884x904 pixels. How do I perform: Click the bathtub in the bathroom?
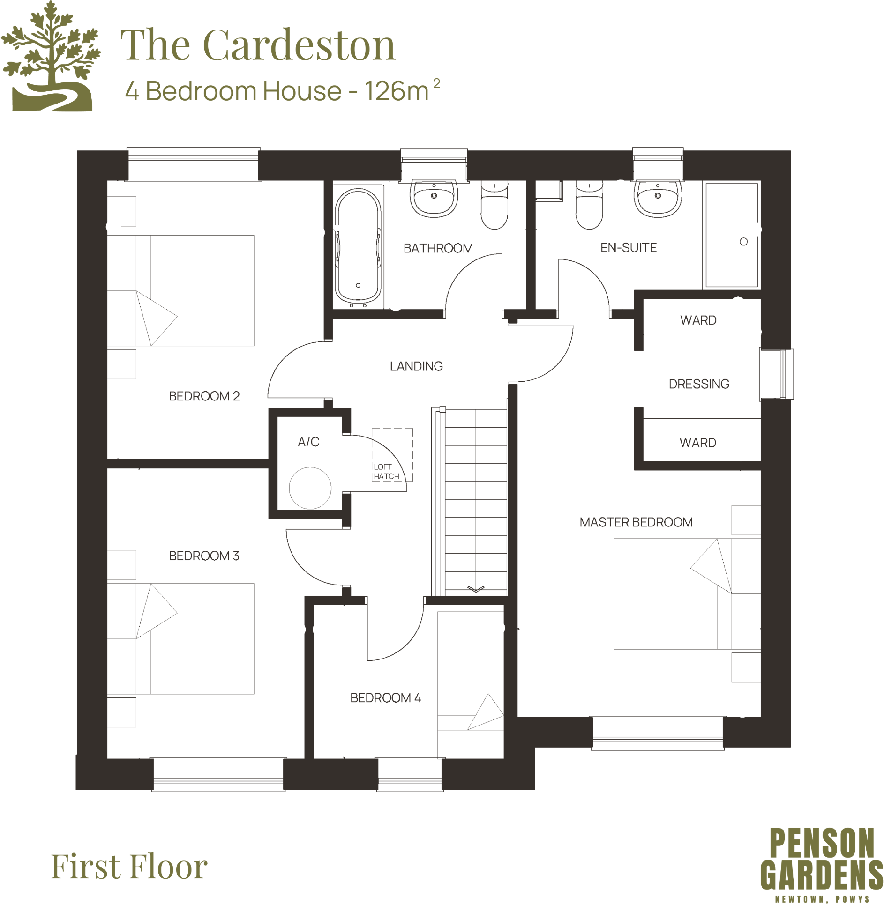click(358, 247)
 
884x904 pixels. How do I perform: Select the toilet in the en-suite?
click(589, 206)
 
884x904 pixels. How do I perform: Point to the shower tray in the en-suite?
click(731, 235)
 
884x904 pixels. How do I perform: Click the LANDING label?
click(416, 366)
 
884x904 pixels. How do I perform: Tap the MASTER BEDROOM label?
click(636, 522)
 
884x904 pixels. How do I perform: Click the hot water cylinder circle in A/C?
click(310, 488)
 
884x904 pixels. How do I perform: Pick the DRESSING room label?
click(698, 384)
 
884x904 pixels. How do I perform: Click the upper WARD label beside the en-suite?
click(698, 320)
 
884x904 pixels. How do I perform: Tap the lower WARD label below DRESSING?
click(697, 443)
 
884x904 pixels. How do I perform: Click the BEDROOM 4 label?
click(385, 698)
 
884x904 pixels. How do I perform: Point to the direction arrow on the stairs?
click(475, 589)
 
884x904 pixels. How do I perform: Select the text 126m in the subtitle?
click(397, 91)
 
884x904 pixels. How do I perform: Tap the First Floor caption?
click(129, 867)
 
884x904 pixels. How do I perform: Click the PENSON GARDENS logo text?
click(821, 860)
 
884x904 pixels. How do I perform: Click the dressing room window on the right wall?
click(777, 374)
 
